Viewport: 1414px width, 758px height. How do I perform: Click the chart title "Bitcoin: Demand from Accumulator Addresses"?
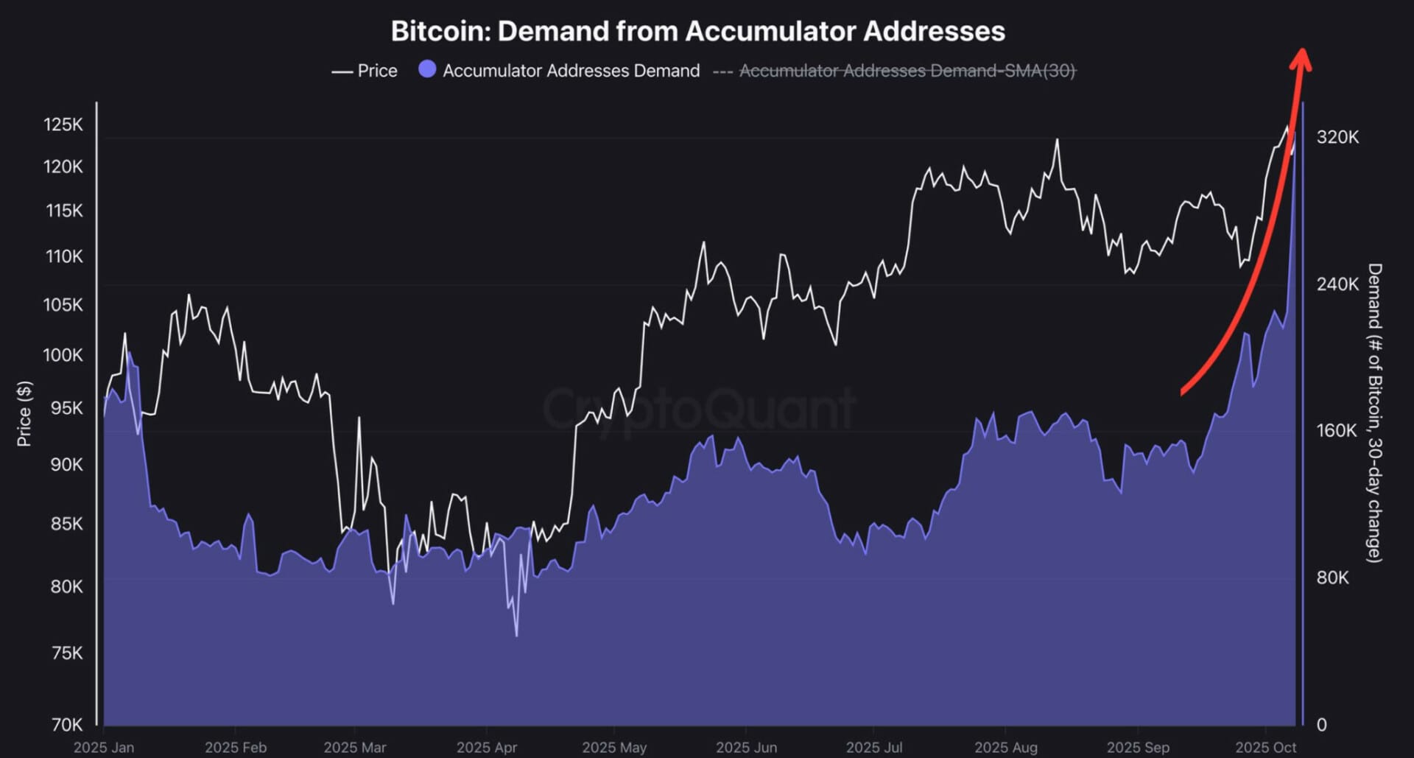point(697,32)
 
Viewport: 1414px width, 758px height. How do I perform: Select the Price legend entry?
point(365,71)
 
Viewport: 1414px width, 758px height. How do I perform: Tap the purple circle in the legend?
point(427,69)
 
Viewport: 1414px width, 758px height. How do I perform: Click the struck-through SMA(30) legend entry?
point(907,71)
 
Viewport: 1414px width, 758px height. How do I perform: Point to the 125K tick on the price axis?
point(63,124)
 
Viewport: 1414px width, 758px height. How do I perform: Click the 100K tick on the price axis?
point(63,355)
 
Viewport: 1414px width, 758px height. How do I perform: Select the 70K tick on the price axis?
point(67,725)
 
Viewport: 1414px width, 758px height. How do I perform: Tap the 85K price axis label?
point(67,524)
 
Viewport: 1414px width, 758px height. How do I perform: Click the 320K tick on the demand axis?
point(1337,137)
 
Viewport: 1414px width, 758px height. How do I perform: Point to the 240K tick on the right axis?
point(1337,284)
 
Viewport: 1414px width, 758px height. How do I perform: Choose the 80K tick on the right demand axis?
point(1332,578)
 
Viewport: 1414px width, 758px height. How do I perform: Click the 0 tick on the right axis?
point(1321,725)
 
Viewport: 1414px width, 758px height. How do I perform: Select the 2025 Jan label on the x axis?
point(104,747)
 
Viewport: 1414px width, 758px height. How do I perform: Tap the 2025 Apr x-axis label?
point(487,747)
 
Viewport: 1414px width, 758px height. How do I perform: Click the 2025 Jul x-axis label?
point(874,747)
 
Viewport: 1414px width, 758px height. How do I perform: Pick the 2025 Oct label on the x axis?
point(1266,747)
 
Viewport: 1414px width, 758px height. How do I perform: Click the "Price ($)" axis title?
point(24,414)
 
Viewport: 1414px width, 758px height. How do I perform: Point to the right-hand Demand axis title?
point(1374,413)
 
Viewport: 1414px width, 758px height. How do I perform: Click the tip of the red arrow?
point(1302,52)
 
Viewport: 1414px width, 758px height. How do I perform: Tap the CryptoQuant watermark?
point(700,409)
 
